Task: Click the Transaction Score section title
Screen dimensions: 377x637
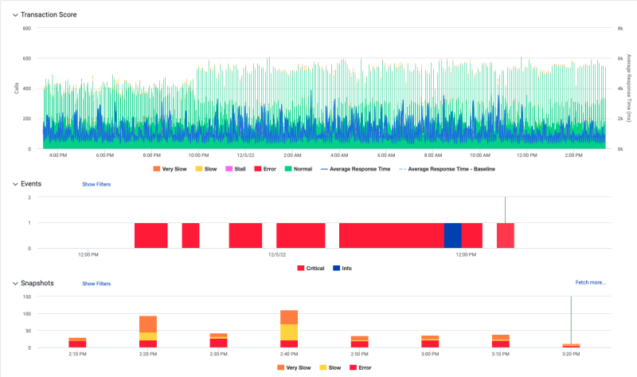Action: click(x=49, y=14)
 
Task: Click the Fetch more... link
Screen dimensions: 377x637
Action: click(x=590, y=282)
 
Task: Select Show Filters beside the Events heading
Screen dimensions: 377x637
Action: click(x=96, y=184)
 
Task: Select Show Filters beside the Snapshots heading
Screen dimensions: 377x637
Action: click(x=96, y=284)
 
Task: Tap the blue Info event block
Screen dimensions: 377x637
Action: click(x=452, y=235)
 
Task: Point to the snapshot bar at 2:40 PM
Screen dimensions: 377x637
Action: click(x=288, y=328)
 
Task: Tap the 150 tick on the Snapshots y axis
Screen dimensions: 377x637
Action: click(x=26, y=296)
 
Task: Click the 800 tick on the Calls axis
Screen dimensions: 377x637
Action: click(x=25, y=29)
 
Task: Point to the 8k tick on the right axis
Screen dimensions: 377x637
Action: click(x=617, y=29)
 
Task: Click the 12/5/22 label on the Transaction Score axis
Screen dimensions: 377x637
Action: click(x=245, y=155)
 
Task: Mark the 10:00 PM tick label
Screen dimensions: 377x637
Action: click(x=198, y=155)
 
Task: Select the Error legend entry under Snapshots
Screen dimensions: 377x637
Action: click(x=362, y=367)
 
